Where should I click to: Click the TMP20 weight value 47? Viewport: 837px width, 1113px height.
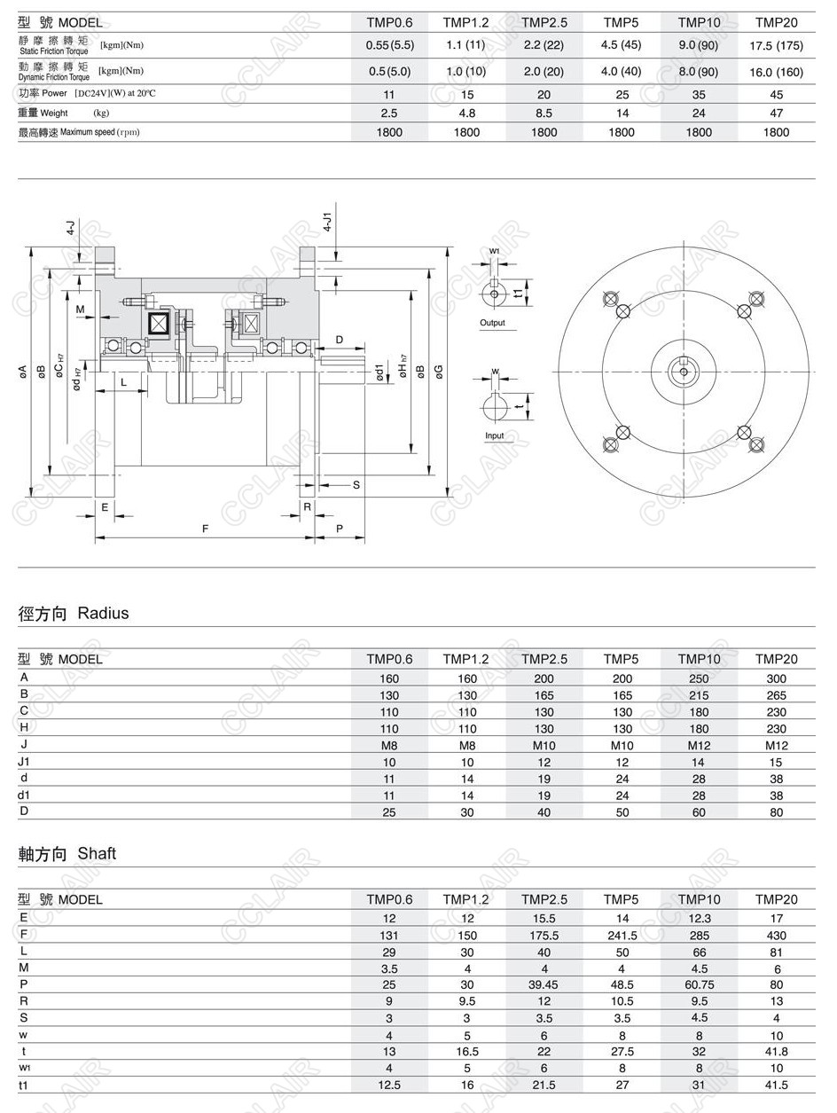pos(776,114)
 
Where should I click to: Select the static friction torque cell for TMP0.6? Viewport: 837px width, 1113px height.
pos(389,44)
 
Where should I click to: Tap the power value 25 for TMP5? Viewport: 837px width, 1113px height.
pos(622,95)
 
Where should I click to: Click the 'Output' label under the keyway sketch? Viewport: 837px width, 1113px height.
pos(492,323)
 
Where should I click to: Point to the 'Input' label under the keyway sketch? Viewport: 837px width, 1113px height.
pos(494,435)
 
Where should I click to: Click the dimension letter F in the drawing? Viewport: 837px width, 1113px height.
pos(205,529)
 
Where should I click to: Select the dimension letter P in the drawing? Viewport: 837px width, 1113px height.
pos(340,529)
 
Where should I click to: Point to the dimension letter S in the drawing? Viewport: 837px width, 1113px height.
pos(356,485)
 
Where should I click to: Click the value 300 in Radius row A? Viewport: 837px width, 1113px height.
pos(776,678)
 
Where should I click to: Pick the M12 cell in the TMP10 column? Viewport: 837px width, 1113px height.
pos(699,746)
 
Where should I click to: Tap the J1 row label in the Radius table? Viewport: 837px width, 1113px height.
pos(25,762)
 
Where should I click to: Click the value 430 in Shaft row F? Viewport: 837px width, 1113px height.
pos(776,935)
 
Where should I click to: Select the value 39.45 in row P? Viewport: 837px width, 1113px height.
pos(544,985)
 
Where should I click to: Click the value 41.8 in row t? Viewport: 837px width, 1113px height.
pos(776,1052)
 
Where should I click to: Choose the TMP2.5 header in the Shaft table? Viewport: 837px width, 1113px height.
pos(544,900)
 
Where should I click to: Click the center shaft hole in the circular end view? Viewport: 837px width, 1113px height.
pos(684,371)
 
